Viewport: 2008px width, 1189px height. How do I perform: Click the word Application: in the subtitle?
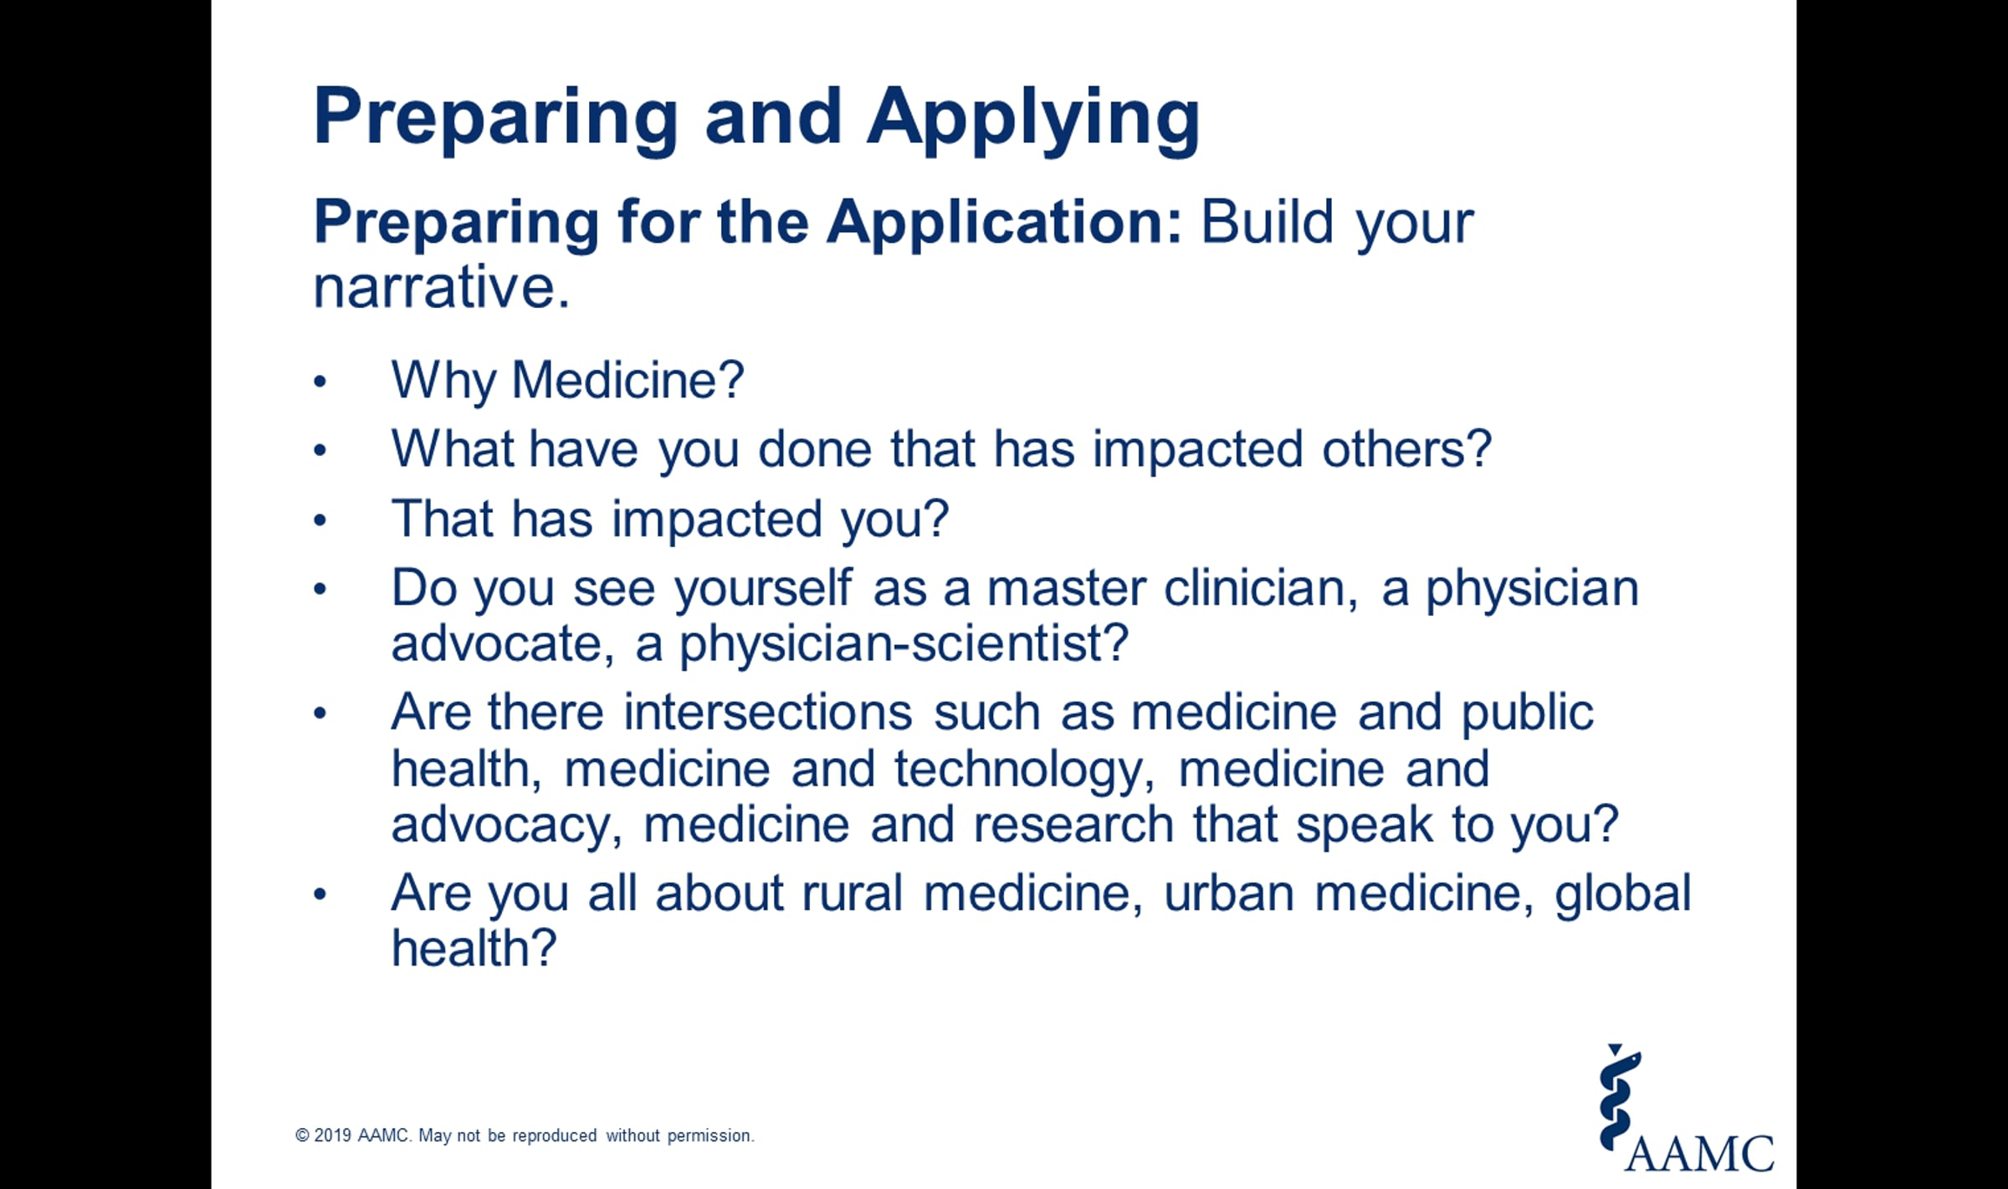click(x=1005, y=224)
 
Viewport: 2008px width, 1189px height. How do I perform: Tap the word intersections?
click(x=768, y=713)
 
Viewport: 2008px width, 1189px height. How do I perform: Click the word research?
click(x=1073, y=825)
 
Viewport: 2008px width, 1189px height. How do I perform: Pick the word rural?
click(x=853, y=894)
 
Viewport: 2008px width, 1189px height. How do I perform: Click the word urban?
click(x=1229, y=894)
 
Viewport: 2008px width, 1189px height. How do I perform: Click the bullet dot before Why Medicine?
click(x=320, y=382)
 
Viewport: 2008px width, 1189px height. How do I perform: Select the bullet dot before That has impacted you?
click(x=320, y=520)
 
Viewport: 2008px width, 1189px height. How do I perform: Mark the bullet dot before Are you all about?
click(x=320, y=894)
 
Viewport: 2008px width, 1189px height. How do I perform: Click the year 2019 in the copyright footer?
click(x=332, y=1135)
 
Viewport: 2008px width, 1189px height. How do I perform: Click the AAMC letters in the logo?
click(x=1698, y=1154)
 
